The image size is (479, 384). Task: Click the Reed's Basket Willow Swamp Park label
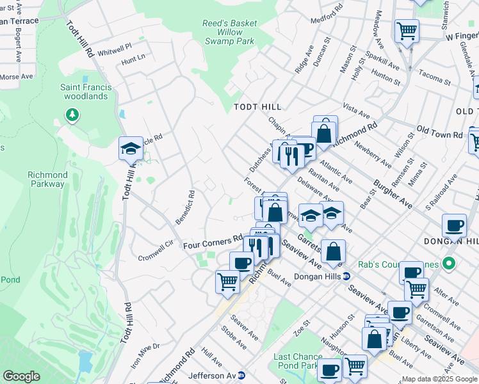229,32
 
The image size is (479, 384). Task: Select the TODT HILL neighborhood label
257,107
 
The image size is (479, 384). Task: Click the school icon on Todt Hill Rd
131,149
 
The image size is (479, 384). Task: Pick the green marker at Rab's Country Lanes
449,263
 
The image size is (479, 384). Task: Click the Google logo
21,376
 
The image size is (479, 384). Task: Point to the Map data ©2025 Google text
440,379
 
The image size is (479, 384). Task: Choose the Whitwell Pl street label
115,47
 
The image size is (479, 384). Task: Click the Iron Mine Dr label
145,355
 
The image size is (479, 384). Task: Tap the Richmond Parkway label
47,179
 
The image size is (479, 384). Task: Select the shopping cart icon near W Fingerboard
407,30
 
